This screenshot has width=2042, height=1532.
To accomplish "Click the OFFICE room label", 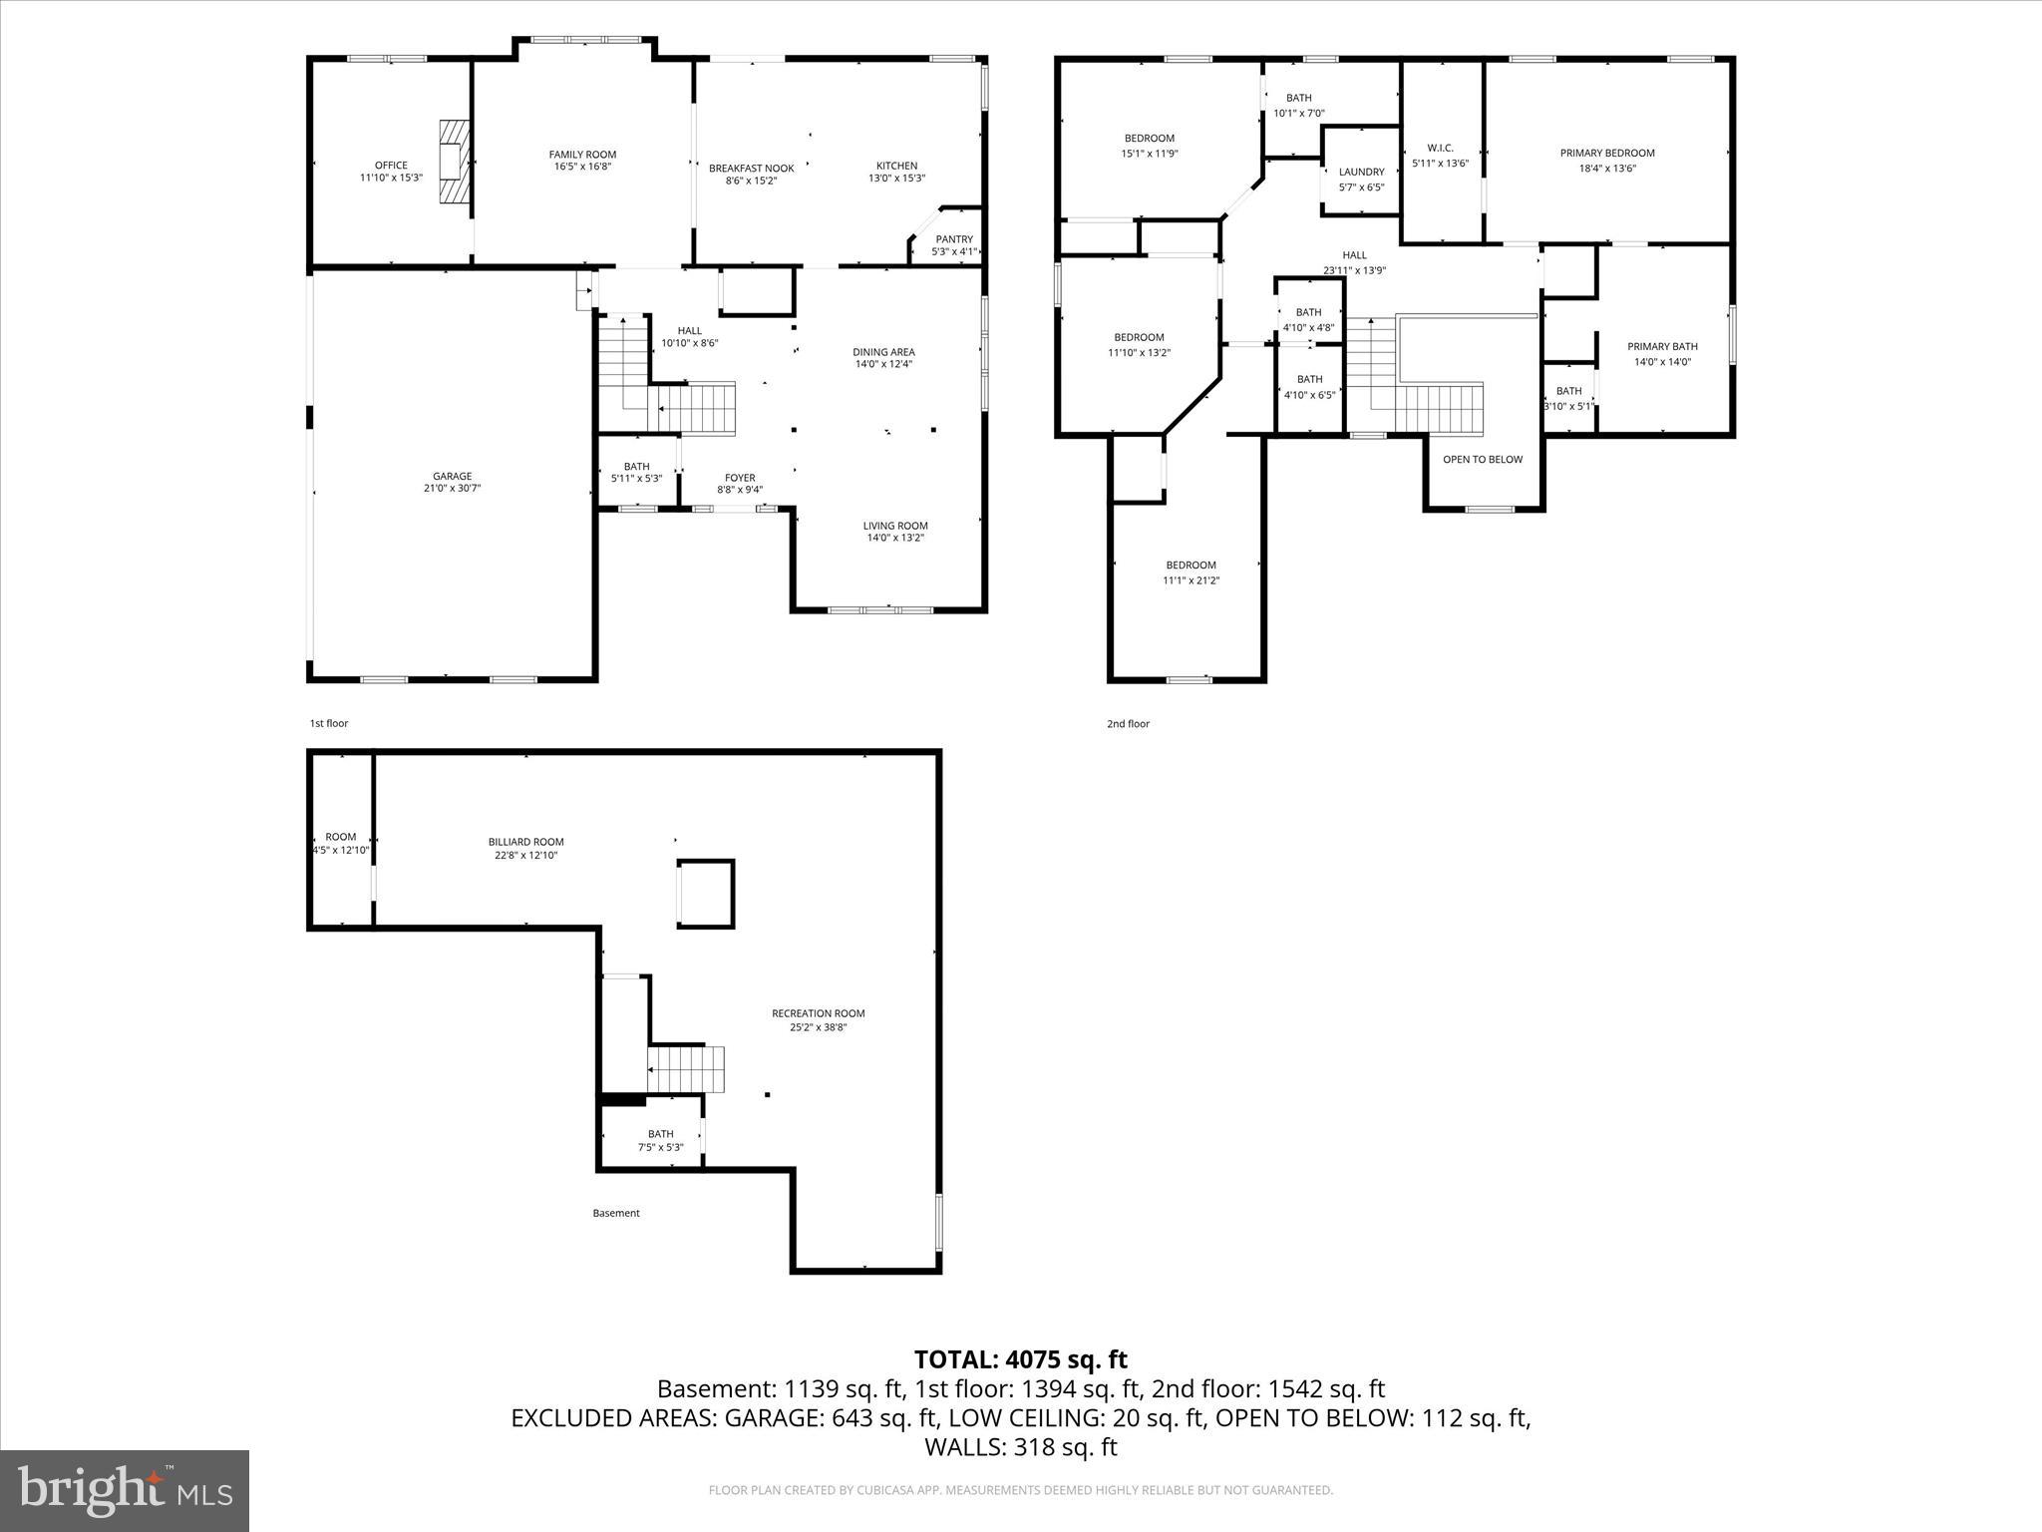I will (391, 166).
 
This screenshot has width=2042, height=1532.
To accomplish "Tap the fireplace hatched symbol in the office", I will (455, 163).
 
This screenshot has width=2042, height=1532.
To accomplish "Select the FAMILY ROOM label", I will (582, 155).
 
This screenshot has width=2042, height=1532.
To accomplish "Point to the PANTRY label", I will (954, 239).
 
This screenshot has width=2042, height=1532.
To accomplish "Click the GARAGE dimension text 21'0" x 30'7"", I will (452, 489).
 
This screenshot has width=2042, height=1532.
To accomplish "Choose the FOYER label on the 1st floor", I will (740, 478).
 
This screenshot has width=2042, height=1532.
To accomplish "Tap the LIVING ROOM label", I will (895, 526).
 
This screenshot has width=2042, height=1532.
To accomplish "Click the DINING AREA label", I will (883, 352).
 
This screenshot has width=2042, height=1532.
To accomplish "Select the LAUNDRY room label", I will (1361, 173).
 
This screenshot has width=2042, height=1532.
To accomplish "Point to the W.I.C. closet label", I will (1440, 149).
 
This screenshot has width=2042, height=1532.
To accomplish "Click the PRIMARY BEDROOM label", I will (1607, 154).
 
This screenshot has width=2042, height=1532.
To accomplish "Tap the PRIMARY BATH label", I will (1662, 347).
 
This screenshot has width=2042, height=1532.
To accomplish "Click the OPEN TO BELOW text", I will (1483, 460).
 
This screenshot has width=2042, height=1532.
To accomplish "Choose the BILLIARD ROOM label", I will (526, 842).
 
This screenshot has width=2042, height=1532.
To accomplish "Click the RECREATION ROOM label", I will (818, 1013).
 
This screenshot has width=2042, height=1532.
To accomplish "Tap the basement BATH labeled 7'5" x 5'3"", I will (660, 1134).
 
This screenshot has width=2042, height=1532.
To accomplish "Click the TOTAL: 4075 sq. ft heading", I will (1020, 1359).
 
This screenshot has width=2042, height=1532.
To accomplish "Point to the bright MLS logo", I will (125, 1490).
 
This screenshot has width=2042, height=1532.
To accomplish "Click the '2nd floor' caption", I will (1128, 724).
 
